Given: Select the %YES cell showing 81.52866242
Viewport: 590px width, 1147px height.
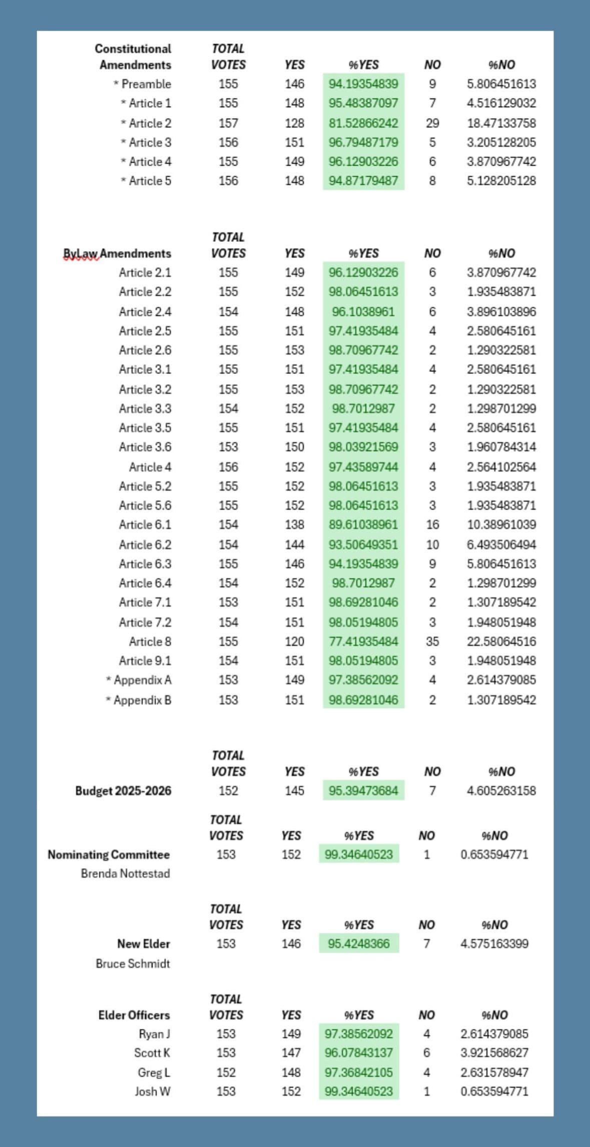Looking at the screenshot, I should pos(363,123).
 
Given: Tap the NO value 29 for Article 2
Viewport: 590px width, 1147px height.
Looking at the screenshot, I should pos(432,123).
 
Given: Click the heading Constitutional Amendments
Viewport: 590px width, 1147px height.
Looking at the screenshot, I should pos(133,57).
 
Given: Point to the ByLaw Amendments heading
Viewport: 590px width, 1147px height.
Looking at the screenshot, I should pos(117,253).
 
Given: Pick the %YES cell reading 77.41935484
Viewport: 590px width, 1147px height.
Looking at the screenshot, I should pos(363,641).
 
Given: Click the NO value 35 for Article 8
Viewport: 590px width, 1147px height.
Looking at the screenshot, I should pos(432,641).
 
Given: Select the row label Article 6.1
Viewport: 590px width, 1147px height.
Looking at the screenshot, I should pos(145,525).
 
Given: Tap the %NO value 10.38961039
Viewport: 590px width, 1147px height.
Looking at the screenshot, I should pos(501,525).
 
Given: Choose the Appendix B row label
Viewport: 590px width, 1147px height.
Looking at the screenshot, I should pos(138,700).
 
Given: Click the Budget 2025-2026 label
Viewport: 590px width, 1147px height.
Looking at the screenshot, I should pos(123,791).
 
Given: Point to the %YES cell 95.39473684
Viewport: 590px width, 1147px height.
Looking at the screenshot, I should pos(363,791).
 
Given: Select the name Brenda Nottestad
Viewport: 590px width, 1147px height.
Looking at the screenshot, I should pos(125,874).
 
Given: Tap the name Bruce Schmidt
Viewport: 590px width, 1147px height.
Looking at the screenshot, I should pos(133,964).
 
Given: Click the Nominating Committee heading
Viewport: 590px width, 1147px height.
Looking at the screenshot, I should pos(109,855).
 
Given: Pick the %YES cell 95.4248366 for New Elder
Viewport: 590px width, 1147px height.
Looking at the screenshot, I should pos(359,944).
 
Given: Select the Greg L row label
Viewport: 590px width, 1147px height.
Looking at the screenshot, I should pos(154,1072).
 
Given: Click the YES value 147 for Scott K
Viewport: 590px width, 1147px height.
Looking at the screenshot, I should pos(291,1053).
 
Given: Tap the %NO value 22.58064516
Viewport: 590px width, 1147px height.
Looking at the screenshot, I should pos(501,641).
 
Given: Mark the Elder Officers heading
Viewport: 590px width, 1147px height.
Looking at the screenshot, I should pos(134,1015).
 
